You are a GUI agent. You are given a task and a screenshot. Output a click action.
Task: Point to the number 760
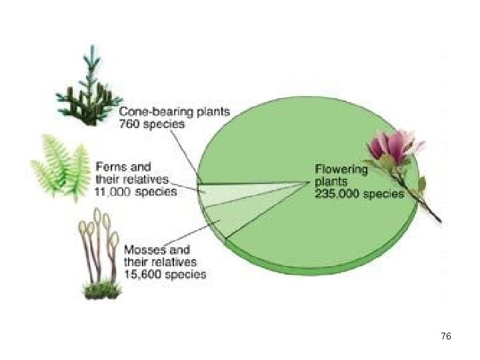(x=129, y=124)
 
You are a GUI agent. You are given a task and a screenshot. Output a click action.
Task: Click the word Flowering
(x=341, y=169)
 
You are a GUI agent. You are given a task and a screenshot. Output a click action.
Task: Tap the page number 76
(x=446, y=337)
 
